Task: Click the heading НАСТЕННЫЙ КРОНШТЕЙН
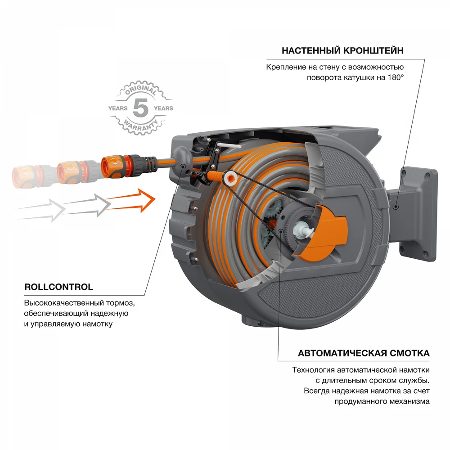[x=342, y=50]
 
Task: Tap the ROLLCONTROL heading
[x=58, y=287]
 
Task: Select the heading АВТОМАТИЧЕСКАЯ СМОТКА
[x=364, y=353]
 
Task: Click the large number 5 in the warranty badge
[x=140, y=108]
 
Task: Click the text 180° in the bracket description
[x=394, y=77]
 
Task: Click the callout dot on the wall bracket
[x=396, y=207]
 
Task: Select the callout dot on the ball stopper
[x=183, y=166]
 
